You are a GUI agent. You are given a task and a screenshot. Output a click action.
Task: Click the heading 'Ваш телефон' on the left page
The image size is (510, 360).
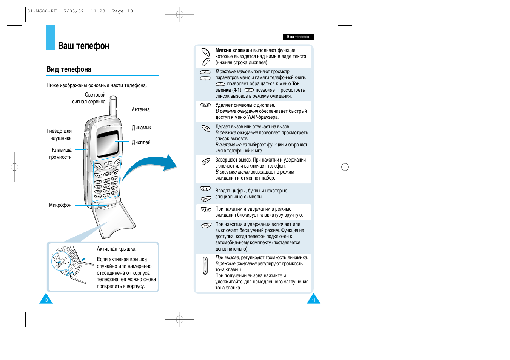[x=83, y=46]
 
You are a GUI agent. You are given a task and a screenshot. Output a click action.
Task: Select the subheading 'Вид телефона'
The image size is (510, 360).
[x=69, y=69]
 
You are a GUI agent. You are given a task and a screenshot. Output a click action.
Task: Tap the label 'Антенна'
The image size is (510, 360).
[x=140, y=109]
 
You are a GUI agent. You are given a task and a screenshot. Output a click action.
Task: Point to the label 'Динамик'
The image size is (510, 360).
[x=141, y=128]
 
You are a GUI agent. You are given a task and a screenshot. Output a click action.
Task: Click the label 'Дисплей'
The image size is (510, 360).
[x=141, y=142]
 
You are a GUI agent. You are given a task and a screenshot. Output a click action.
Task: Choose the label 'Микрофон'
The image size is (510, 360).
[x=60, y=205]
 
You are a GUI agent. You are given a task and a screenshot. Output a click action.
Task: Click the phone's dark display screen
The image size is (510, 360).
[x=108, y=143]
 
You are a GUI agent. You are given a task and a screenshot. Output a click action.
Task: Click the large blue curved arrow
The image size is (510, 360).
[x=151, y=166]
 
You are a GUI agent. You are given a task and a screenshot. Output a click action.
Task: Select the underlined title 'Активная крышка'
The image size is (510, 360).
[x=116, y=249]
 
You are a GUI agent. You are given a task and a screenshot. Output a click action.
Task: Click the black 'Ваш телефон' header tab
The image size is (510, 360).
[x=298, y=37]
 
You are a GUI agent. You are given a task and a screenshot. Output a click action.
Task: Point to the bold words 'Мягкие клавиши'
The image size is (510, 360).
[x=234, y=50]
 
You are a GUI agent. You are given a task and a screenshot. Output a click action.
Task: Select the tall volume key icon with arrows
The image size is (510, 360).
[x=205, y=266]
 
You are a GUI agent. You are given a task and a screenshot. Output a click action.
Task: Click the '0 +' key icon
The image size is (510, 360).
[x=205, y=188]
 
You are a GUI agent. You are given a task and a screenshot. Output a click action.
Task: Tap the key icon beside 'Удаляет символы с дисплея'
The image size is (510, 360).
[x=205, y=105]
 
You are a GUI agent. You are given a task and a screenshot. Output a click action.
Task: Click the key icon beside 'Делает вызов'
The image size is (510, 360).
[x=205, y=128]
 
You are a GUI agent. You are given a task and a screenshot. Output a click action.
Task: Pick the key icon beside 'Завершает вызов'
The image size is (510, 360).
[x=205, y=162]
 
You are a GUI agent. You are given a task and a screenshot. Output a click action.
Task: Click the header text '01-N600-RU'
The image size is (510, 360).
[x=42, y=11]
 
